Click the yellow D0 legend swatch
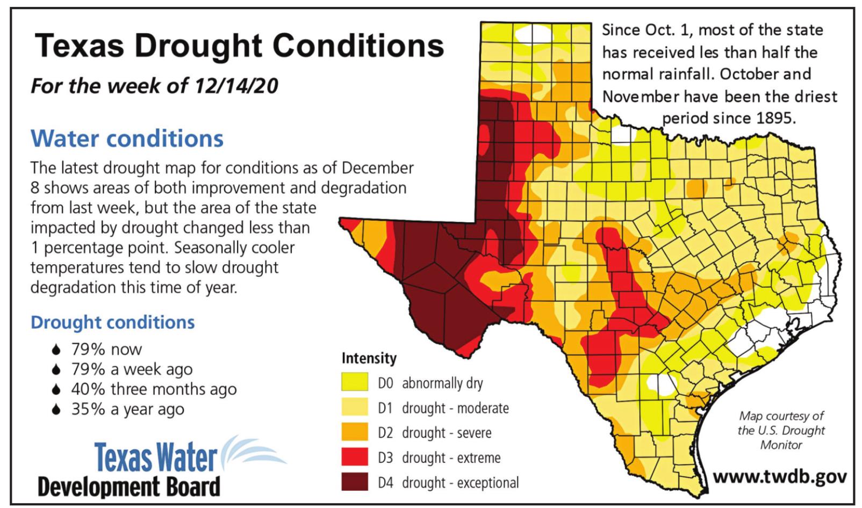[355, 382]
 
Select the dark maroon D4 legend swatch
[355, 482]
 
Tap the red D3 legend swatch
[355, 456]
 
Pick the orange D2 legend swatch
[355, 431]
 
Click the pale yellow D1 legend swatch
[355, 407]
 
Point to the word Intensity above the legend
[369, 358]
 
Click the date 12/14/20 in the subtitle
[236, 85]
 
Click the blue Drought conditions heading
[112, 322]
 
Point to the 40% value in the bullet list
[88, 389]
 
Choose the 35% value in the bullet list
[88, 409]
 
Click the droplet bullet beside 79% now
[56, 349]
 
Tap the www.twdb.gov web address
[780, 477]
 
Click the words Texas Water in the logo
[156, 457]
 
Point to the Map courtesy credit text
[781, 430]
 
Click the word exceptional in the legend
[488, 482]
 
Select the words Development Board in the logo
[129, 487]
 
